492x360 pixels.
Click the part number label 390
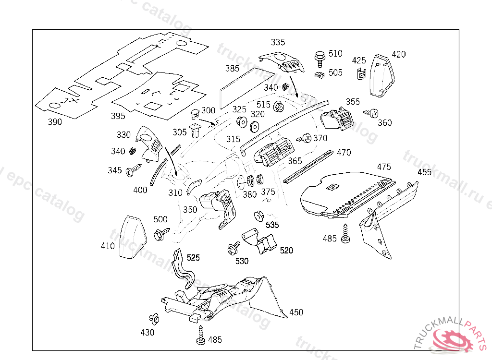(x=55, y=122)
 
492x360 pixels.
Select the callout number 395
(x=118, y=116)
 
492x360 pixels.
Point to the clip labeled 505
(x=319, y=74)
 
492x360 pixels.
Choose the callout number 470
(x=344, y=153)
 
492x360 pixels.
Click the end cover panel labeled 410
(x=132, y=238)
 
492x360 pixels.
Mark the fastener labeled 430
(x=155, y=319)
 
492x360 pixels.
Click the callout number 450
(x=296, y=312)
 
